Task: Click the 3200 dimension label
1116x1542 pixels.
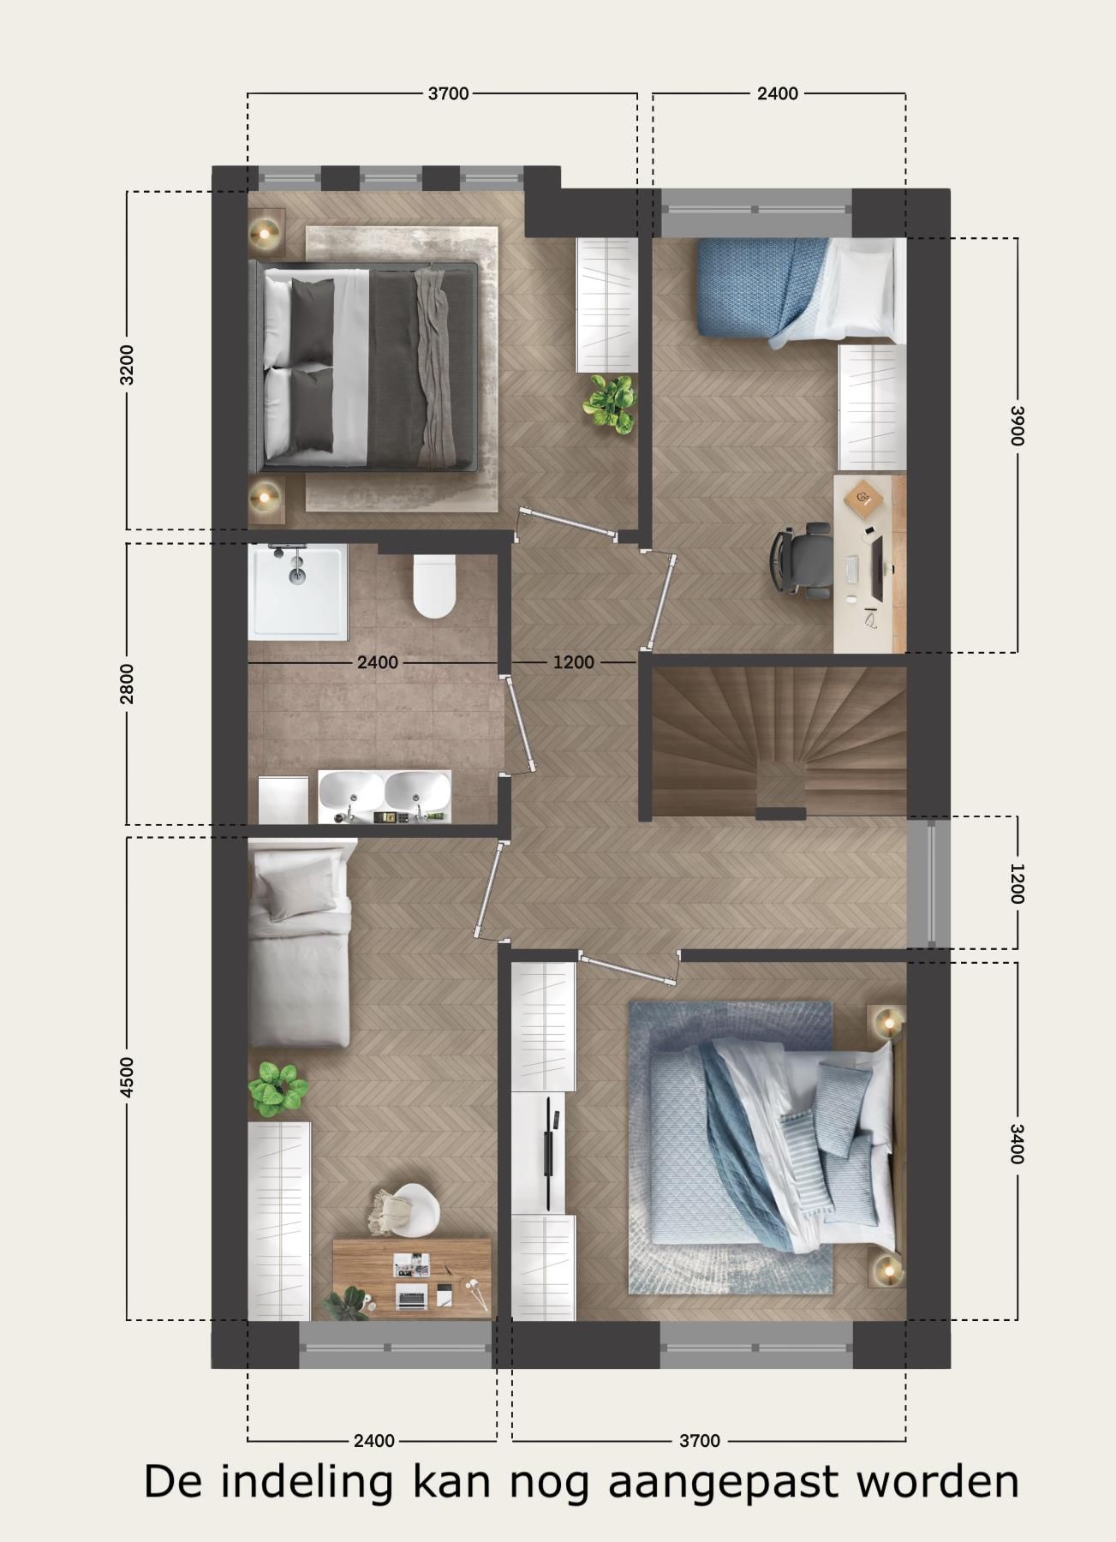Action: tap(127, 364)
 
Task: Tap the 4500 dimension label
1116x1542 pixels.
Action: tap(127, 1077)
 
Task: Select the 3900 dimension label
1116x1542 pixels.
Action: tap(1017, 425)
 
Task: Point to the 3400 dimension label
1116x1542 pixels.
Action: tap(1017, 1144)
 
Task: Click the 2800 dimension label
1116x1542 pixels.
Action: tap(127, 683)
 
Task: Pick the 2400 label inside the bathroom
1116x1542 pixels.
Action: tap(378, 662)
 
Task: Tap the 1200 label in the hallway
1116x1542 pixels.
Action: tap(573, 662)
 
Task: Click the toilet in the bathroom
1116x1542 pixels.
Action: tap(434, 586)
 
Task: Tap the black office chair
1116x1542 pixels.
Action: tap(802, 557)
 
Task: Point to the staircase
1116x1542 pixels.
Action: tap(779, 741)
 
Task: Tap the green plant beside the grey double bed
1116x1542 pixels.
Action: tap(610, 402)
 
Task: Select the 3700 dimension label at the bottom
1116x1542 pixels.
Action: tap(699, 1441)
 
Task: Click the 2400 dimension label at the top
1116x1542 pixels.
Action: tap(777, 93)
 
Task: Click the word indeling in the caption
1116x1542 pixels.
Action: tap(307, 1483)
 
